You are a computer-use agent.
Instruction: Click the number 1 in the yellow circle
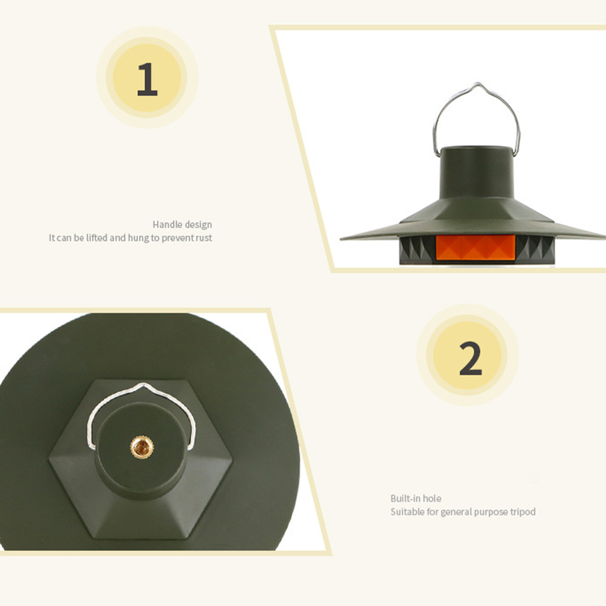[147, 79]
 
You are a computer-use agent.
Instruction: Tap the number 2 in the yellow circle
[471, 358]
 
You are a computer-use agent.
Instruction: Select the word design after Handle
[198, 225]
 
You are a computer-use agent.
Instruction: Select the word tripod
[523, 512]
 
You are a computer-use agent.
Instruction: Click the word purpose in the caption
[490, 512]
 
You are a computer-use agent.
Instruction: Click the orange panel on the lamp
[475, 247]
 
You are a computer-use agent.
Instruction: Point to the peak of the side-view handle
[478, 83]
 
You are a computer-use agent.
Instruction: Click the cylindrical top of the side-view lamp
[477, 172]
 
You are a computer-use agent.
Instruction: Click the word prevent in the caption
[176, 238]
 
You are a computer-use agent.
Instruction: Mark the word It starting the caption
[52, 237]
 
